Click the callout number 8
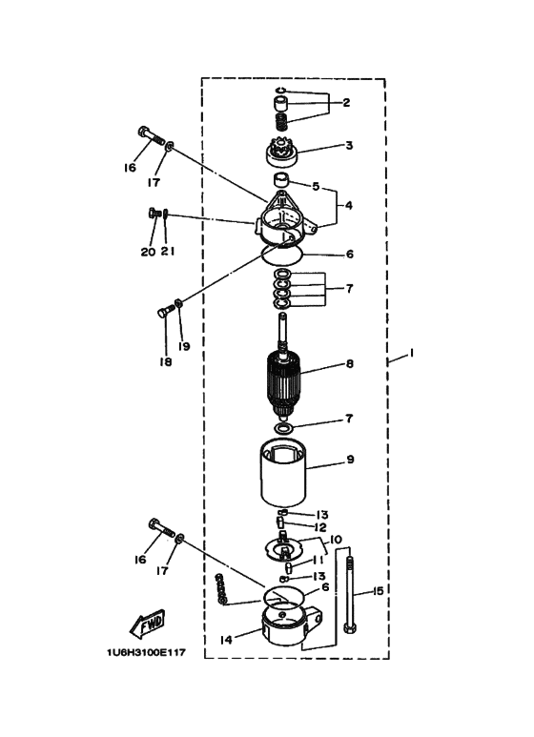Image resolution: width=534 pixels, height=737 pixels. tap(350, 363)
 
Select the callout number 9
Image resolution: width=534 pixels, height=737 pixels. tap(350, 460)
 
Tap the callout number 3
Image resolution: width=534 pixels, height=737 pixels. tap(349, 146)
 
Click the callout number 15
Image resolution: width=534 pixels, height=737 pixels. tap(378, 591)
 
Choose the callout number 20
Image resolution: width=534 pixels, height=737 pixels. tap(148, 253)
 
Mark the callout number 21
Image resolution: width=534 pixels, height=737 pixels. tap(168, 253)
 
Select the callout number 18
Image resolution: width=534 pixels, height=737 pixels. tap(165, 363)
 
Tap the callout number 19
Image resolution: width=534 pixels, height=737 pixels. tap(182, 346)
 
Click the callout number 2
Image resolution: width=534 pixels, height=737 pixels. tap(347, 102)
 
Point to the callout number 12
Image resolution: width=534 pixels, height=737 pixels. tap(322, 527)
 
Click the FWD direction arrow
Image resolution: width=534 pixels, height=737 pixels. tap(148, 624)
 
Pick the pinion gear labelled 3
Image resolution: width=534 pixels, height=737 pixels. tap(284, 152)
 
